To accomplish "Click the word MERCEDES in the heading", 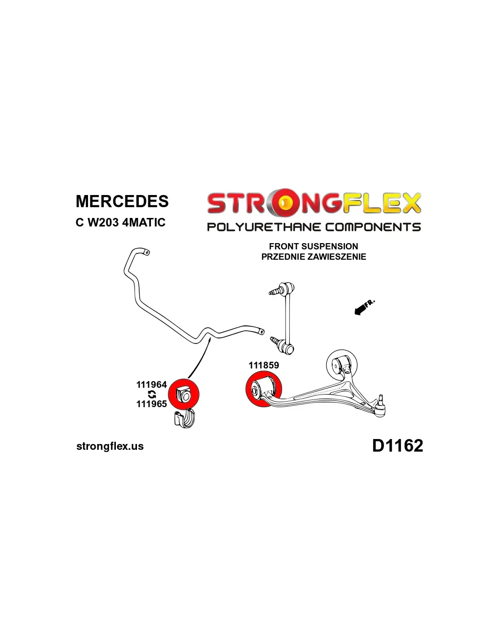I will (x=122, y=201).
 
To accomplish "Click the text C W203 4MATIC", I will (x=120, y=222).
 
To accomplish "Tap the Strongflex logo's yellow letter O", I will (x=283, y=203).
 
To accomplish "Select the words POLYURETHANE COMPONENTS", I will (x=313, y=227).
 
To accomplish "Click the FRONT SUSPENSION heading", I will (x=313, y=246).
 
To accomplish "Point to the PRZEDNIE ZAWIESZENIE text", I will (x=313, y=257).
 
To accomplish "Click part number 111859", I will (x=264, y=365).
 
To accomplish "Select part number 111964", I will (x=151, y=385).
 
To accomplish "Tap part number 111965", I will (x=151, y=404).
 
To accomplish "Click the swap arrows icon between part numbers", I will (x=152, y=394).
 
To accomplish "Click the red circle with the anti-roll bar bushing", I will (x=183, y=394).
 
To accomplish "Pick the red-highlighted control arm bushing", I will (x=263, y=389).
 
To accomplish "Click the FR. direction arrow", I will (x=364, y=308).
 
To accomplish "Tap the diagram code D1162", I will (x=397, y=446).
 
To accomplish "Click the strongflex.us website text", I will (x=110, y=446).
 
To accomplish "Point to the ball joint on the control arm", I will (x=380, y=407).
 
